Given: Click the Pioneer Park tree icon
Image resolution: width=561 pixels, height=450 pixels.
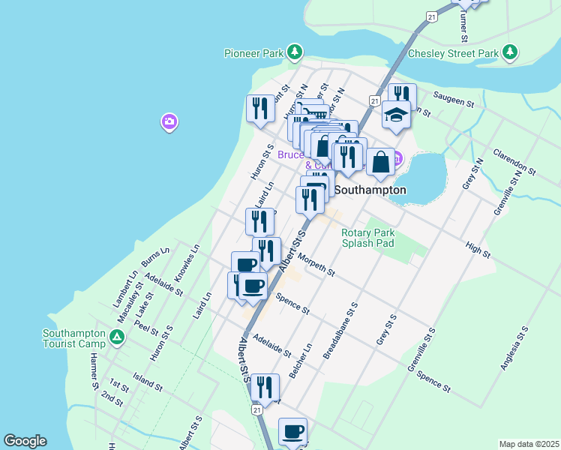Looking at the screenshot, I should pyautogui.click(x=296, y=52).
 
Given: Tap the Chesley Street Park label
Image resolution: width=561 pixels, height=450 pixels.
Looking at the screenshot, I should pyautogui.click(x=453, y=53).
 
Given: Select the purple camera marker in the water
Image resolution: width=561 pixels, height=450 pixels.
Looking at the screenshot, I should pyautogui.click(x=169, y=121).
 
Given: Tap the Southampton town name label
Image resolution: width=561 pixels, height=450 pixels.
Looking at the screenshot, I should pyautogui.click(x=370, y=190).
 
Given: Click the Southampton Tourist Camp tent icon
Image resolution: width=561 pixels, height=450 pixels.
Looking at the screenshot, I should pyautogui.click(x=116, y=337).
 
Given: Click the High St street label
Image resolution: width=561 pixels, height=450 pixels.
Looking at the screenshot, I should pyautogui.click(x=477, y=250).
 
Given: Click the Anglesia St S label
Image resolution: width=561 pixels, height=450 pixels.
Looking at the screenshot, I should pyautogui.click(x=514, y=348).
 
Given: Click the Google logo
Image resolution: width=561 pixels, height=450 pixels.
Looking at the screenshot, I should pyautogui.click(x=25, y=441).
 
